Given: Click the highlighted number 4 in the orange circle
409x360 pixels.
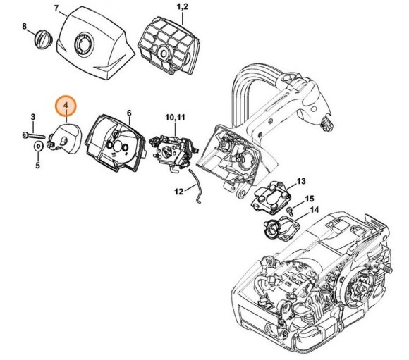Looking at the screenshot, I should pyautogui.click(x=66, y=106).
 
